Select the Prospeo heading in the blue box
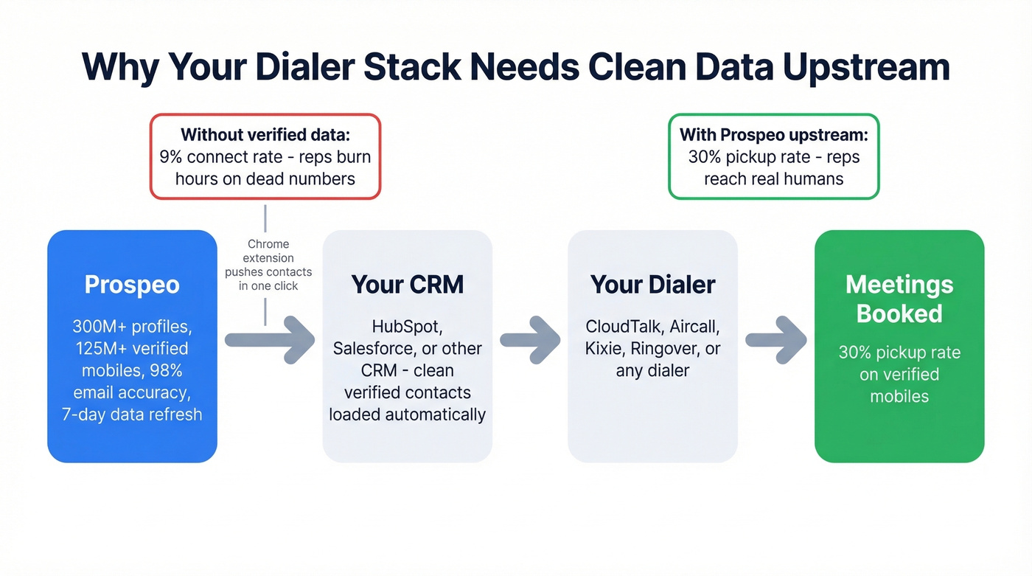point(132,285)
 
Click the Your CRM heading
point(407,285)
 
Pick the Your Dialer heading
point(652,285)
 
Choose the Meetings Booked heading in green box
point(899,299)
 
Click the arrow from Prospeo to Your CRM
point(269,340)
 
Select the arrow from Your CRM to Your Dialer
point(530,340)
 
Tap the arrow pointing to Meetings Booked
point(775,340)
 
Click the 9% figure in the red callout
point(172,157)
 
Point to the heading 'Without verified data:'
point(265,135)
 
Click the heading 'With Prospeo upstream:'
point(773,135)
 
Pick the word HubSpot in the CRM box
point(407,327)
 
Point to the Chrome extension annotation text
point(268,265)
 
